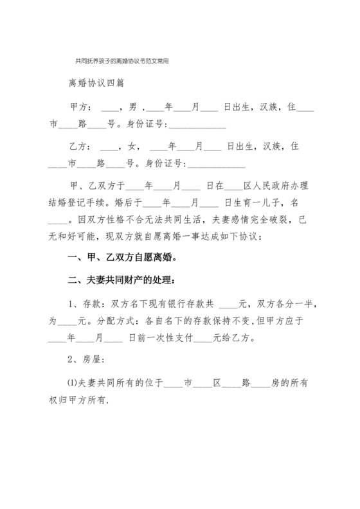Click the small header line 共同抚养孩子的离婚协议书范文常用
tap(122, 63)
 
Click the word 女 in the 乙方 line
tap(133, 146)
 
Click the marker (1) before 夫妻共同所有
tap(72, 384)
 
